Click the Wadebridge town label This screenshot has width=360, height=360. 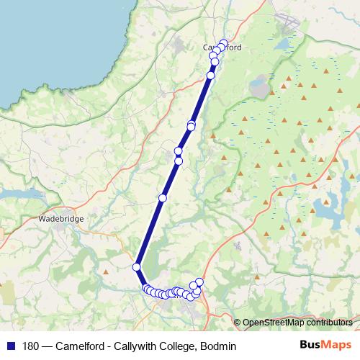62,217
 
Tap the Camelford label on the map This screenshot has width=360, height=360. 222,48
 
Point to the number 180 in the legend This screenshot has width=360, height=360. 31,346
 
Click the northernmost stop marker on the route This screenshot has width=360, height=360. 223,43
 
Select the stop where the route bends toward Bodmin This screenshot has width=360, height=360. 136,267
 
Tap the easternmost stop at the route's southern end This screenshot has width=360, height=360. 199,282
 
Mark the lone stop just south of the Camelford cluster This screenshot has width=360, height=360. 211,76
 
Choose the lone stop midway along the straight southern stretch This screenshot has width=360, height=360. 163,197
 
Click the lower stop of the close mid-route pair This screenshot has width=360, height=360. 179,161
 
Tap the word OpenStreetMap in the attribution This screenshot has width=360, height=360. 273,323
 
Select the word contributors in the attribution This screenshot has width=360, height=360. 330,323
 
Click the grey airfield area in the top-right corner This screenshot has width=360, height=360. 288,22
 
